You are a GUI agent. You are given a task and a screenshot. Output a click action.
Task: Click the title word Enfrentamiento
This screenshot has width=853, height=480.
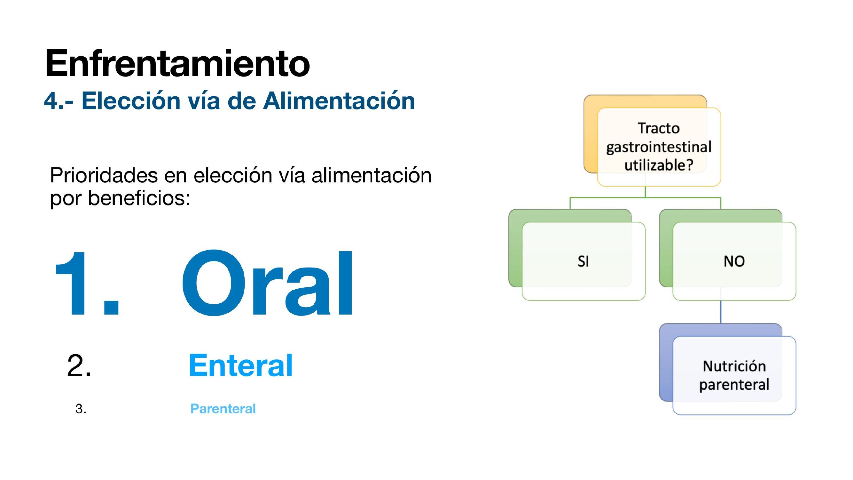[x=177, y=63]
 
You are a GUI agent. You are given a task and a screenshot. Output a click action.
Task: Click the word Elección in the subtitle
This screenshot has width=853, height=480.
[x=131, y=100]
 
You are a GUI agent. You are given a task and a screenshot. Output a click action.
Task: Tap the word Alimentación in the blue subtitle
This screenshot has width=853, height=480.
[x=339, y=100]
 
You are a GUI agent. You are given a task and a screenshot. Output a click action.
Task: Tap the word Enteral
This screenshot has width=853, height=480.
[x=241, y=365]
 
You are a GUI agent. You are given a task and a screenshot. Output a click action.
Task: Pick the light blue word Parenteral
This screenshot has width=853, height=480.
[x=223, y=408]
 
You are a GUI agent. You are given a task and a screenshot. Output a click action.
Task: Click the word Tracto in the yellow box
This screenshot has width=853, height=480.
[x=659, y=128]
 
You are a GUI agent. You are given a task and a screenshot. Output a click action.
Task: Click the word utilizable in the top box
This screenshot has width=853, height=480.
[x=655, y=165]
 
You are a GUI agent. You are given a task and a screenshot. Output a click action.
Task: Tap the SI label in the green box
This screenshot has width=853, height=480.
[x=583, y=261]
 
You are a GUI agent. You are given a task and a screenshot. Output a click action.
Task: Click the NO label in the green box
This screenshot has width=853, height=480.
[x=734, y=261]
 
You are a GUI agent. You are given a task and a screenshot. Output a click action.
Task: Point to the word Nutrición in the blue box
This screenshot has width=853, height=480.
[x=734, y=366]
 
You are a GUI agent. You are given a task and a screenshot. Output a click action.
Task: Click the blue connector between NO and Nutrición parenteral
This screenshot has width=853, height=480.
[x=721, y=312]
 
